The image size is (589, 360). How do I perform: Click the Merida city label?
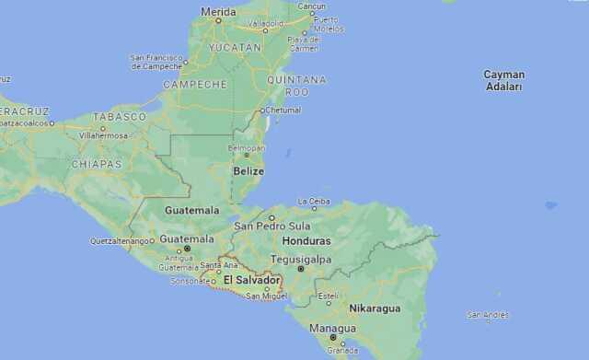click(218, 12)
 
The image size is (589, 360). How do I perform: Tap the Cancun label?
click(312, 6)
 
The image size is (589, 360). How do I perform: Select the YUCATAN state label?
click(235, 47)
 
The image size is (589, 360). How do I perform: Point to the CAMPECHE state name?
click(195, 84)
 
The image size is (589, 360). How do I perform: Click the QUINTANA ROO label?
click(296, 86)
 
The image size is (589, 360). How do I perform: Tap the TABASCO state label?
click(120, 117)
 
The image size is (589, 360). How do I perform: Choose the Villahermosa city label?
click(103, 134)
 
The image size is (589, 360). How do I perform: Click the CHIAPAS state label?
click(97, 164)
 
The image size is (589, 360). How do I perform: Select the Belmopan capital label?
click(246, 146)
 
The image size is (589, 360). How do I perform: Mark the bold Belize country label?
click(248, 171)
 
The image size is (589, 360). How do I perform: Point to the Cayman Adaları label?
click(504, 80)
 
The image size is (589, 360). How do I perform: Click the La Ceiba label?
click(313, 201)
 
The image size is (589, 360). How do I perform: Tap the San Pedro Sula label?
click(272, 226)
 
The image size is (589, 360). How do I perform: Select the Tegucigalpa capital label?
click(301, 259)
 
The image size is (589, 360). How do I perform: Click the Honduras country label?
click(306, 240)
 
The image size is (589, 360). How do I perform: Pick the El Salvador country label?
click(251, 280)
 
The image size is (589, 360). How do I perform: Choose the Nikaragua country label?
click(375, 308)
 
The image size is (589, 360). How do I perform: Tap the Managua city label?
click(332, 328)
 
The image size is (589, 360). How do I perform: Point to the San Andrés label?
click(488, 315)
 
